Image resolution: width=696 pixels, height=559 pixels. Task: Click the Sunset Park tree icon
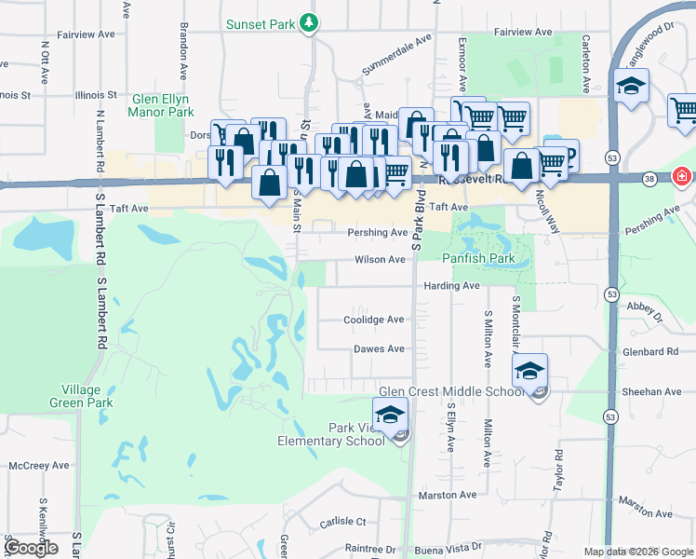(309, 23)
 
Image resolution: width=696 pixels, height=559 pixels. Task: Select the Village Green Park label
(87, 396)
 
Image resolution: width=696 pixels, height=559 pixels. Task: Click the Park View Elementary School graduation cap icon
(390, 414)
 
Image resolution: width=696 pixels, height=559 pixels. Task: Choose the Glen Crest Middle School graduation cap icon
(529, 370)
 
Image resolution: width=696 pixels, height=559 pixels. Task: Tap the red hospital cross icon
(682, 175)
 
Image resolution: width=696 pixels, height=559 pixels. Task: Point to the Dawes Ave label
(379, 349)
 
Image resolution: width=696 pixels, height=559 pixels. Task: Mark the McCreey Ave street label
(38, 465)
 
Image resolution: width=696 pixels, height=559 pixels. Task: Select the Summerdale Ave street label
(397, 55)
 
